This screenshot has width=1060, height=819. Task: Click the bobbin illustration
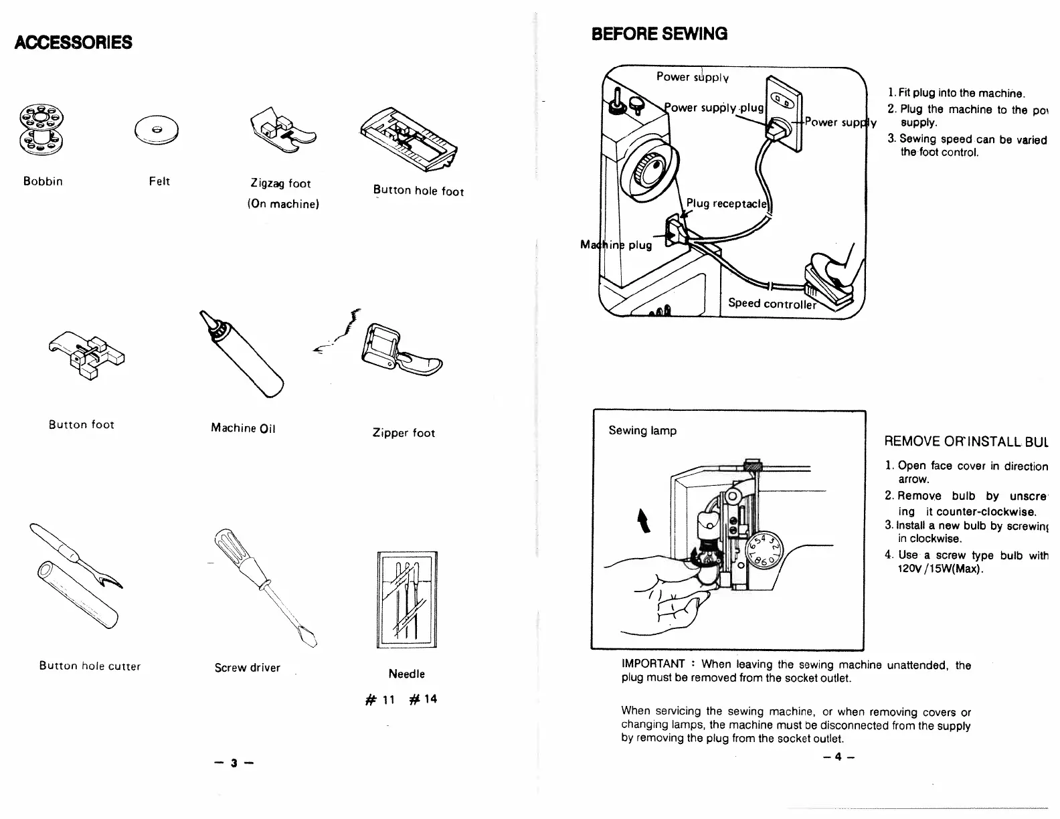click(41, 128)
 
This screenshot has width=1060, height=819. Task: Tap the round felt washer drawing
click(156, 128)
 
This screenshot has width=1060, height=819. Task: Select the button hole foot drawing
click(408, 139)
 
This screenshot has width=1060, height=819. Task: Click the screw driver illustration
click(264, 585)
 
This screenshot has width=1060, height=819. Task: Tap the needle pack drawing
click(407, 599)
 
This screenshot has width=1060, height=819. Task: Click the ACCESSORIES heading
click(73, 43)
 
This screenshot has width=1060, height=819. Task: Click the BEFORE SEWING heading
click(659, 33)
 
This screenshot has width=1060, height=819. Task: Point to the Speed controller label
click(772, 303)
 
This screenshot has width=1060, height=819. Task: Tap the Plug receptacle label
click(727, 203)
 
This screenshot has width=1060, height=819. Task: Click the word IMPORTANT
click(653, 664)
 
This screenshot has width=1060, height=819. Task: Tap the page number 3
click(234, 763)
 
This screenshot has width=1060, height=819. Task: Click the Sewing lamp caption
click(642, 431)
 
